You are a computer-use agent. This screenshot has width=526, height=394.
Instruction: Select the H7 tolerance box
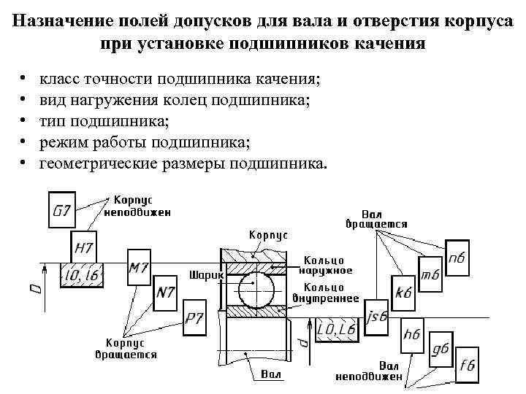83,247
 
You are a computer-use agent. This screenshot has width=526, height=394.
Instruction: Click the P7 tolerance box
195,317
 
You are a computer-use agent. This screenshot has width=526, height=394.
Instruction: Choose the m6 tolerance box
430,275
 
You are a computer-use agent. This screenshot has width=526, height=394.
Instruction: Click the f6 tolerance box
467,365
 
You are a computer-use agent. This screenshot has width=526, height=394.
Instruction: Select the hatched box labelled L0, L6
336,331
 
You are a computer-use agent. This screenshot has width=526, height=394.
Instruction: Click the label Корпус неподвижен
137,206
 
